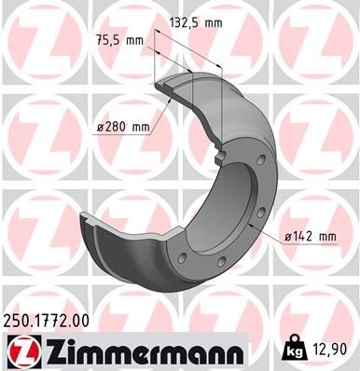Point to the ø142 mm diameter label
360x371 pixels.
point(311,236)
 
